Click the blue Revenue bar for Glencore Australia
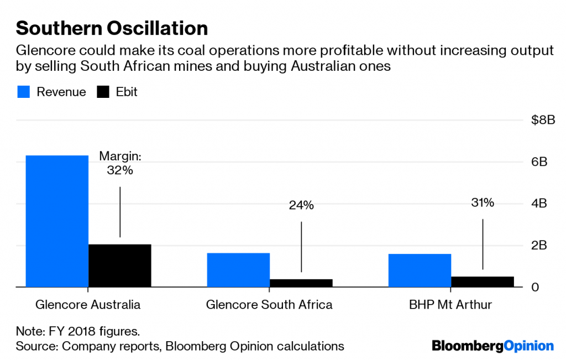57,221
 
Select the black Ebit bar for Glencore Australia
120,265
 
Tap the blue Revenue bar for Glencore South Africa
238,270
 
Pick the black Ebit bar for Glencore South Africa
301,283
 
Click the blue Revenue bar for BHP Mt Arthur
420,270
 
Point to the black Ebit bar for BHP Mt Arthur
483,281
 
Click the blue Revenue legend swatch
23,92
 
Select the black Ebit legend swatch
103,92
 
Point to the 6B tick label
539,162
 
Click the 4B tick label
539,204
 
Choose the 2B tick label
539,246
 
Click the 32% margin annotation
120,170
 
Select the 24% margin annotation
301,206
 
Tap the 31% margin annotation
483,203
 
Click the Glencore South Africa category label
269,305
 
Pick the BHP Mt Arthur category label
451,305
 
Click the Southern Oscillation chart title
112,29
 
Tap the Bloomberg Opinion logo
492,346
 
